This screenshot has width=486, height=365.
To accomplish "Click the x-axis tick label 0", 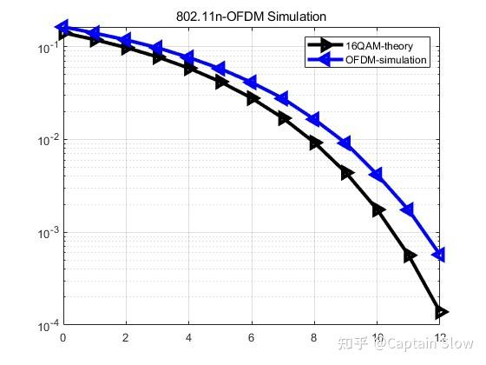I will coord(63,338).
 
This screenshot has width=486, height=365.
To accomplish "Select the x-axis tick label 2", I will coord(126,338).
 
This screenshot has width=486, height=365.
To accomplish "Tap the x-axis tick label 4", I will coord(189,338).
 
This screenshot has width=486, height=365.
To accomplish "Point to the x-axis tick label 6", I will coord(252,338).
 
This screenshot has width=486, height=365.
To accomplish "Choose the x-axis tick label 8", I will coord(315,338).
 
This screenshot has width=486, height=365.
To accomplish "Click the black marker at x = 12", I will coord(441,312).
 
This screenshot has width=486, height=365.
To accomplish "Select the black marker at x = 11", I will coord(410,255).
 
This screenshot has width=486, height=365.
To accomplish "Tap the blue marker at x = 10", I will coord(377,175).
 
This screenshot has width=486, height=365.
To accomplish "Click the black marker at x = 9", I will coord(347,173).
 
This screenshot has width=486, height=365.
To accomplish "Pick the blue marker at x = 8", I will coord(313,120).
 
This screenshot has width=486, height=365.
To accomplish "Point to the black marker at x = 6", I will coord(253,98).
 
